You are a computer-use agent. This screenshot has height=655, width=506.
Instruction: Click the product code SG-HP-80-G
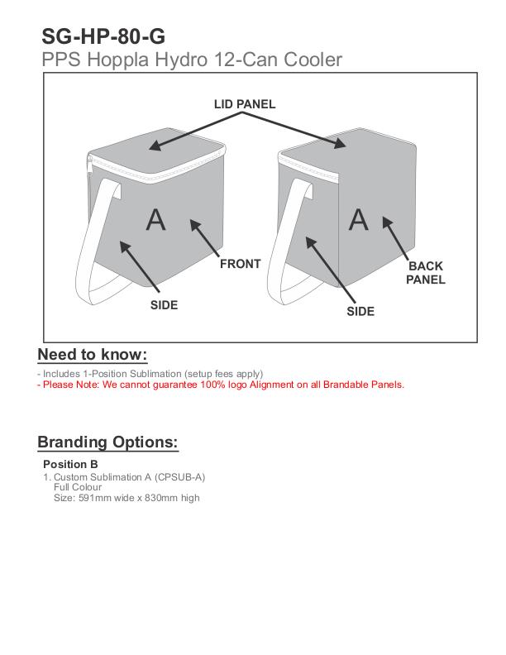103,36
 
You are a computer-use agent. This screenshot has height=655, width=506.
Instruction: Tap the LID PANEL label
244,104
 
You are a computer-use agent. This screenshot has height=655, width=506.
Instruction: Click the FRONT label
240,264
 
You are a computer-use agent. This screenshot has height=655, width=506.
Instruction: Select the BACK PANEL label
425,273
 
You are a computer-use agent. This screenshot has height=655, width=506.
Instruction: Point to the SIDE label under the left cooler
164,305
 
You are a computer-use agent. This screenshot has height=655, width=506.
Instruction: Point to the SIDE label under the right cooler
360,312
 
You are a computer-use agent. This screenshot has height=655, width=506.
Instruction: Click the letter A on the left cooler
155,219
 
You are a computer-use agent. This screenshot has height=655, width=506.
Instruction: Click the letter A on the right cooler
358,219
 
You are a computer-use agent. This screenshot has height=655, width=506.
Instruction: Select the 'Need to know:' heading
93,355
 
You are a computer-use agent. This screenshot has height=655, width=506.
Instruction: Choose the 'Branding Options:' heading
107,442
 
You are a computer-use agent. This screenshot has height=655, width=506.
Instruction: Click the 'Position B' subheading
70,464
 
